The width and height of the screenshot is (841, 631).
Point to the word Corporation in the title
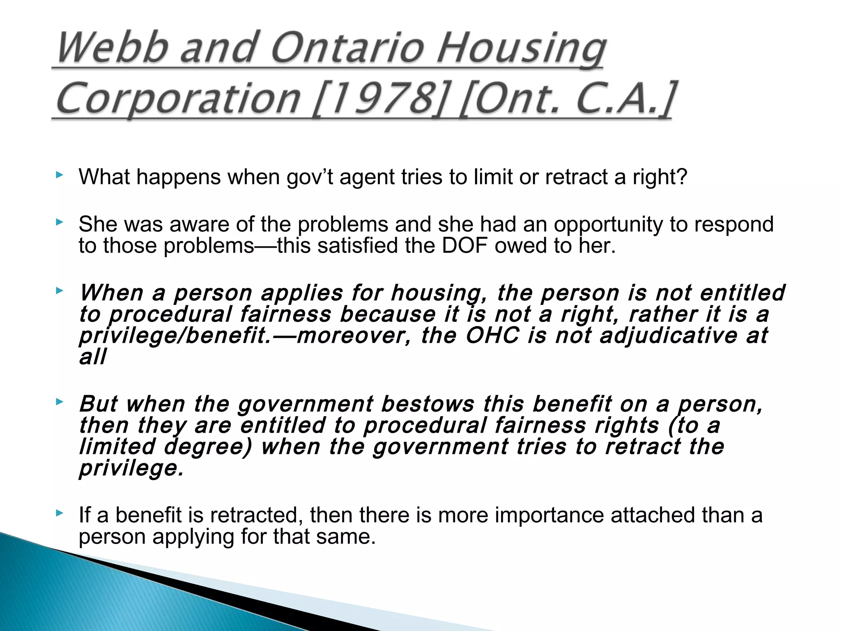[179, 99]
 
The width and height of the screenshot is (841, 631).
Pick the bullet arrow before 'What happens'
[60, 175]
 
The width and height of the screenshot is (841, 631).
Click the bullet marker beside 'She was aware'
[60, 223]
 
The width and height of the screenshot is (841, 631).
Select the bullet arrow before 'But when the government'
[60, 402]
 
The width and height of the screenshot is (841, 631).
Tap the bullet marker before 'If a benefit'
[60, 513]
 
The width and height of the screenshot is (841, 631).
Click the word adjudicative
[669, 335]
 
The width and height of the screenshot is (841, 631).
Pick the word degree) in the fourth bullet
[208, 447]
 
